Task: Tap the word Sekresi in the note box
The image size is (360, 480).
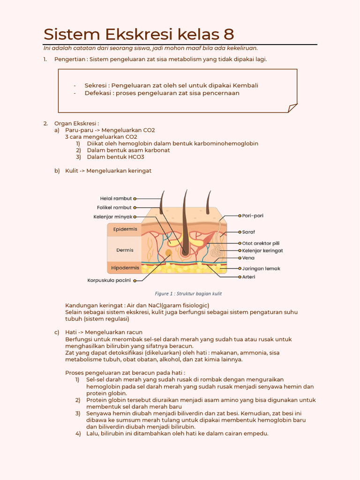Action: (x=96, y=85)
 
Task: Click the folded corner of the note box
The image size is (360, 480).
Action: (x=292, y=108)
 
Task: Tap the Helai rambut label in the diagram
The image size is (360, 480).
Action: (x=116, y=198)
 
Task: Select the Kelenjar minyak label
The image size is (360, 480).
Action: (x=112, y=217)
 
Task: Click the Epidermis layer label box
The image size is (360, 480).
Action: (x=125, y=229)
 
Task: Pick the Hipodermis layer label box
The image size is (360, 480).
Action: (x=125, y=268)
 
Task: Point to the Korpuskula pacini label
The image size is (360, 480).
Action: (x=109, y=280)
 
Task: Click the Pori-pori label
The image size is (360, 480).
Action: (x=253, y=216)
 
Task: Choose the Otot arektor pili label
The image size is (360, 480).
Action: (x=261, y=243)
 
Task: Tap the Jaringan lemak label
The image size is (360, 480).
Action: (x=261, y=269)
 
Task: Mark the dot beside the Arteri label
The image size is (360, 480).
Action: (x=239, y=277)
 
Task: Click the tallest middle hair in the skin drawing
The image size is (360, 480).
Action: (x=185, y=220)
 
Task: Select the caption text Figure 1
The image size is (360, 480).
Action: (x=188, y=294)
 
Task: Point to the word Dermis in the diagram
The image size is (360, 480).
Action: (x=125, y=250)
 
